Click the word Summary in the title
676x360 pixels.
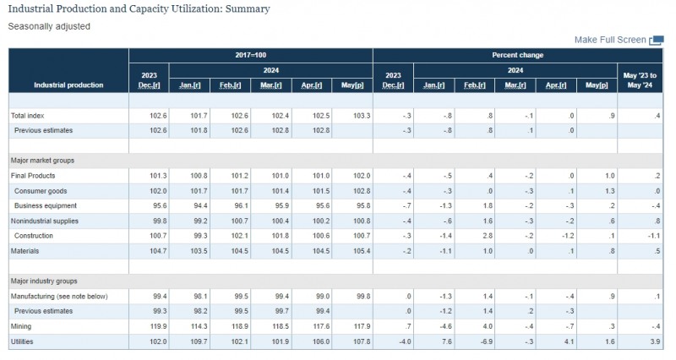point(248,9)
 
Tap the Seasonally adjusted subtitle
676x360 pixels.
point(49,26)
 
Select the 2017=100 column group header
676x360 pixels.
point(250,55)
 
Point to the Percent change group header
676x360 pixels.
point(517,55)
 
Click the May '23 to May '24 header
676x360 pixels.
point(640,80)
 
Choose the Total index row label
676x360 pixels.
point(28,116)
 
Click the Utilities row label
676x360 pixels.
point(22,341)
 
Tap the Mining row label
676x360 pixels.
point(21,326)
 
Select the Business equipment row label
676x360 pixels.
point(46,205)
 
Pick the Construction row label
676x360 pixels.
point(34,236)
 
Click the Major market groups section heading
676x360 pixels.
point(42,161)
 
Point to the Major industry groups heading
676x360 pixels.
point(44,281)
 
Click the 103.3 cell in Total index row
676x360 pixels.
point(362,116)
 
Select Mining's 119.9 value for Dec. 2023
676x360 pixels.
point(158,326)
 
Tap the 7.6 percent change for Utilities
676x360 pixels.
point(446,341)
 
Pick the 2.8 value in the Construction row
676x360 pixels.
point(488,236)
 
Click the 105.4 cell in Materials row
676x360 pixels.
point(362,251)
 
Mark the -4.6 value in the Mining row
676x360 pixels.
point(445,326)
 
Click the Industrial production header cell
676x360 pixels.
point(68,85)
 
